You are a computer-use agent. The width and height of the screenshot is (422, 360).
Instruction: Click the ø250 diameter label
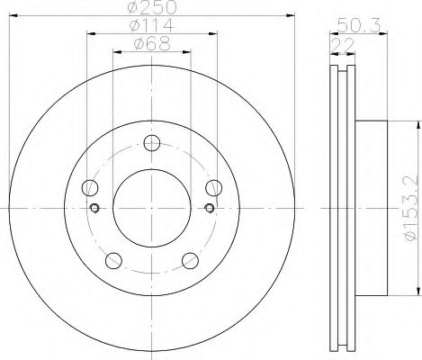tap(151, 8)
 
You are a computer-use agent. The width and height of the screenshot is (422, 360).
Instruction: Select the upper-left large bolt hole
tap(89, 188)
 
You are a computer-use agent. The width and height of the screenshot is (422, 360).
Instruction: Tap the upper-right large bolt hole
tap(213, 188)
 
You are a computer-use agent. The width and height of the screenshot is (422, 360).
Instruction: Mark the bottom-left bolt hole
tap(112, 260)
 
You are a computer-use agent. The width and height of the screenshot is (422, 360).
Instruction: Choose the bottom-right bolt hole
tap(190, 260)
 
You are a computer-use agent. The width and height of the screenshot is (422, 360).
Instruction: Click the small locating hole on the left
tap(94, 209)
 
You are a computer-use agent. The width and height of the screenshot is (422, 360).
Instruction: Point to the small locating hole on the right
tap(209, 209)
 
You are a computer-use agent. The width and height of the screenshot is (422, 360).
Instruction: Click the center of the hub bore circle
tap(151, 209)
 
